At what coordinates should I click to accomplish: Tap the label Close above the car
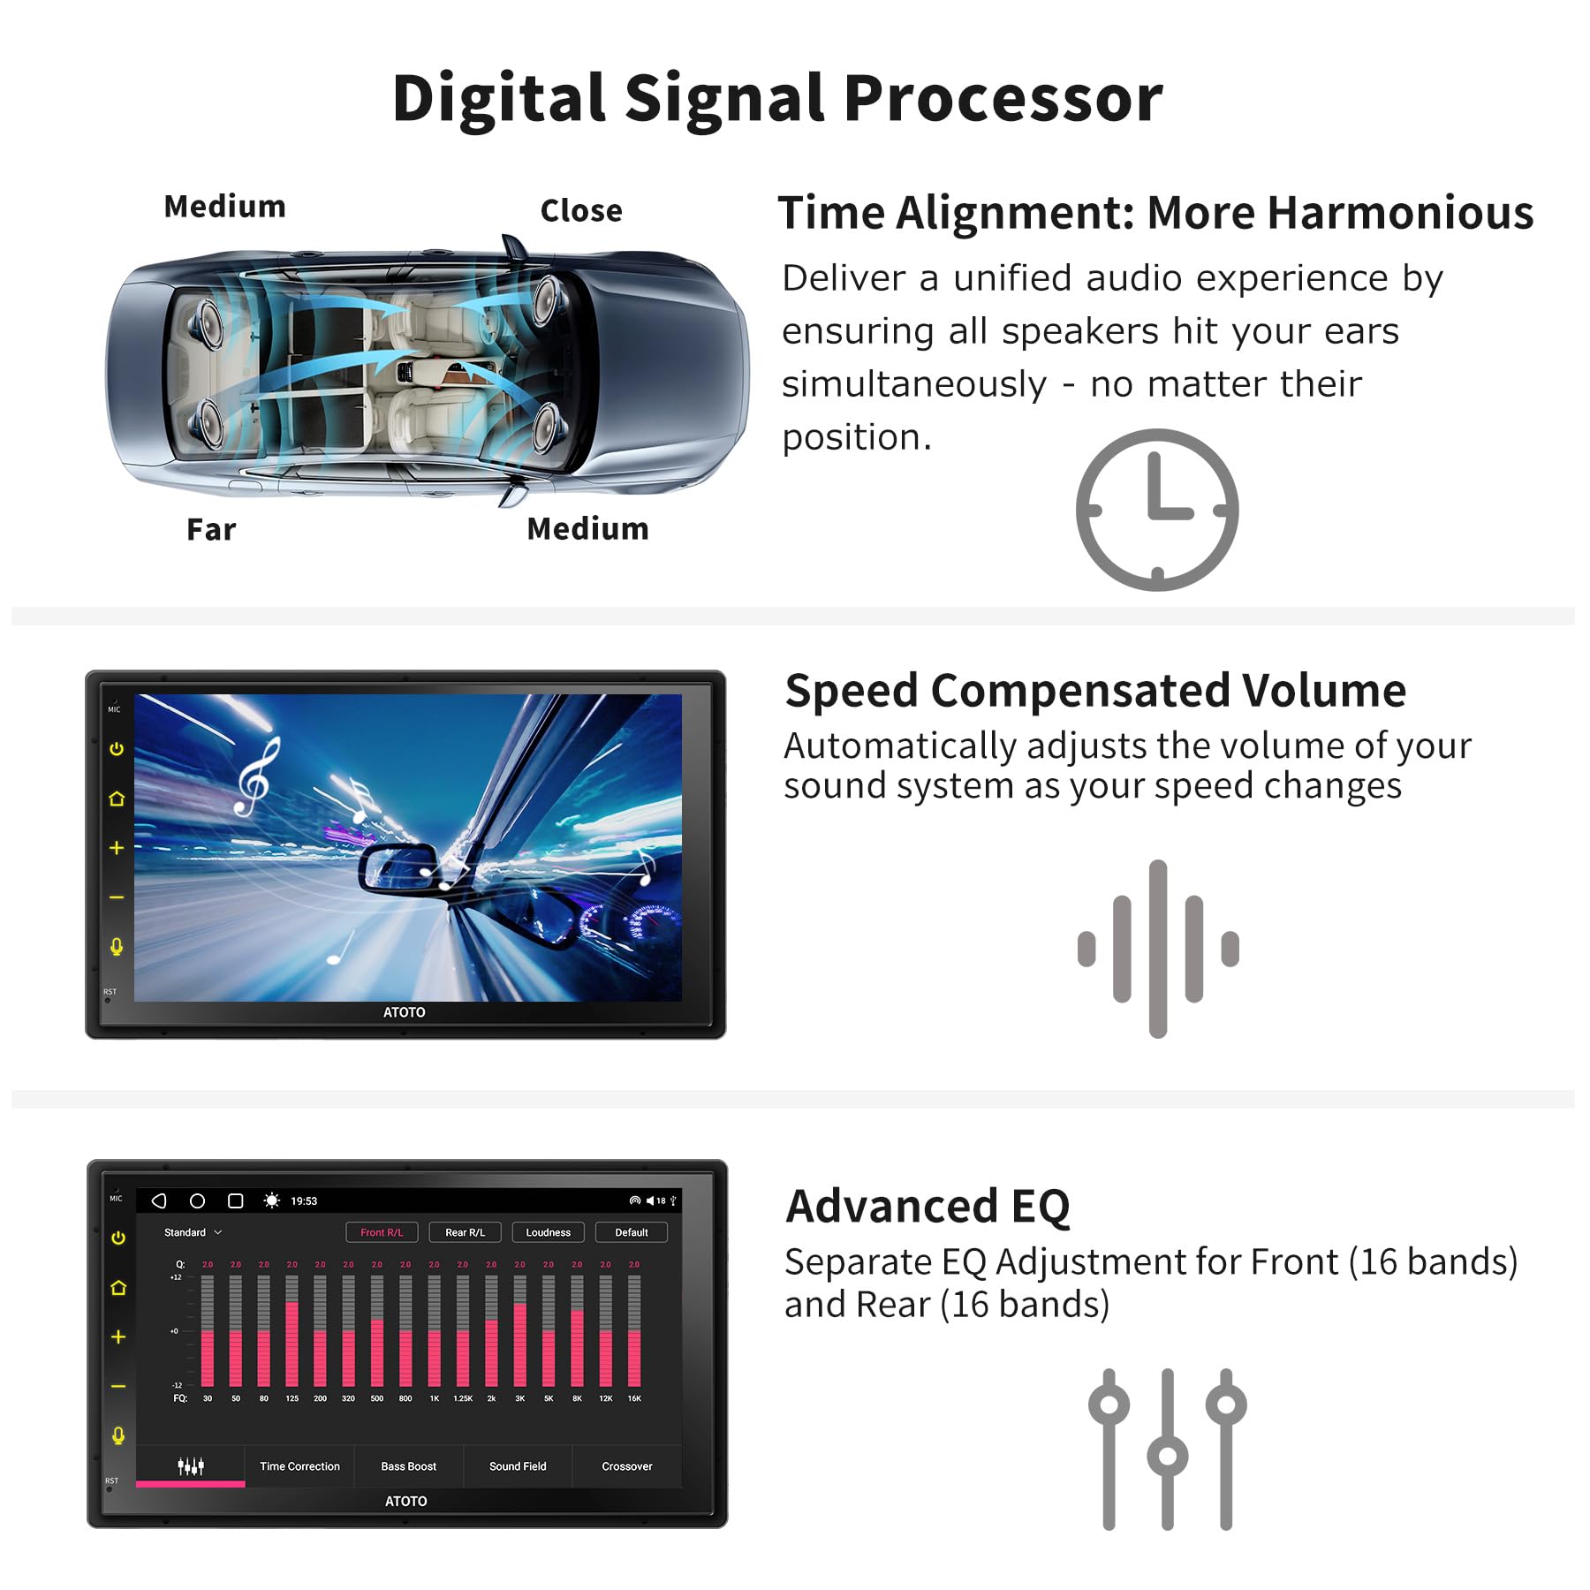pyautogui.click(x=581, y=211)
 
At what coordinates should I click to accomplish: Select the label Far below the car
pyautogui.click(x=211, y=529)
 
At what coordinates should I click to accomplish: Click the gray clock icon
pyautogui.click(x=1156, y=510)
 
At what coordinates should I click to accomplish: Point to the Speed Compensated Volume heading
pyautogui.click(x=1094, y=690)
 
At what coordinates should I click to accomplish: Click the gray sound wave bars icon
pyautogui.click(x=1158, y=948)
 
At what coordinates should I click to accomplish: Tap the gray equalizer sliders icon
pyautogui.click(x=1167, y=1450)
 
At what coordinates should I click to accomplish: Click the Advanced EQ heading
pyautogui.click(x=927, y=1206)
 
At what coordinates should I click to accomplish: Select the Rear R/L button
pyautogui.click(x=465, y=1232)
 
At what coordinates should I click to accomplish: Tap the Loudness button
pyautogui.click(x=548, y=1232)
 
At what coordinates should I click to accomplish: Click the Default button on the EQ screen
pyautogui.click(x=631, y=1232)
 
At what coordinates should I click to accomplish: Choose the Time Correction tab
pyautogui.click(x=299, y=1466)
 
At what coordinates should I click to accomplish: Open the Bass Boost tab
pyautogui.click(x=408, y=1466)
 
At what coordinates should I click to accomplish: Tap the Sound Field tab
pyautogui.click(x=518, y=1466)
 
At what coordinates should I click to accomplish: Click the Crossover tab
pyautogui.click(x=627, y=1466)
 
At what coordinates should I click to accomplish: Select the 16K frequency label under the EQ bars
pyautogui.click(x=634, y=1398)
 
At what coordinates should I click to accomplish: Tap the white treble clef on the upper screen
pyautogui.click(x=257, y=777)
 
